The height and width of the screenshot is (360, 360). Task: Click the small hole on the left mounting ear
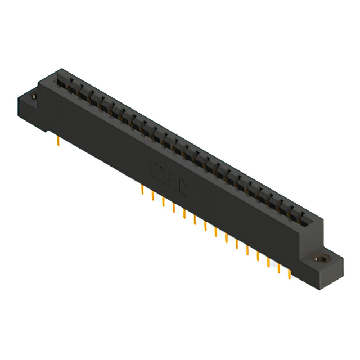pyautogui.click(x=33, y=97)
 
